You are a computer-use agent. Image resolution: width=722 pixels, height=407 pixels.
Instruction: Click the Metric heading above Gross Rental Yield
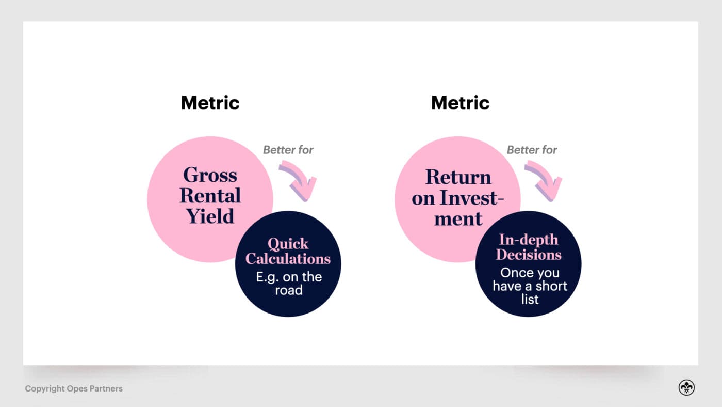pos(210,103)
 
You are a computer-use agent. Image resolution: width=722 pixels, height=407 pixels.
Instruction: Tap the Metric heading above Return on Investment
pos(460,103)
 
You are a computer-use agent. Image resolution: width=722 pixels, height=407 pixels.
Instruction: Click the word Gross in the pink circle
pos(210,175)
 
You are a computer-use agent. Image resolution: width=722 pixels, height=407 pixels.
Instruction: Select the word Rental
pos(210,196)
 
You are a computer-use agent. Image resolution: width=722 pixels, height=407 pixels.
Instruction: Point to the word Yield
pos(210,216)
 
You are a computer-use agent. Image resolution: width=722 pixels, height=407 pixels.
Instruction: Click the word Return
pos(458,177)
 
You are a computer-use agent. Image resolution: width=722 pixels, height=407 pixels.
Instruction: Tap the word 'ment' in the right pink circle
pos(458,218)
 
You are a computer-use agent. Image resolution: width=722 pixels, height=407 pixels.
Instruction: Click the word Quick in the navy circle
pos(288,244)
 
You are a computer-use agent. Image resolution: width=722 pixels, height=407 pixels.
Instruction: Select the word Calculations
pos(288,258)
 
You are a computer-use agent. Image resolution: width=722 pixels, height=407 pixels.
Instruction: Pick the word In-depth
pos(528,240)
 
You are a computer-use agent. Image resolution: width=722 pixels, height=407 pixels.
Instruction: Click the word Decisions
pos(528,255)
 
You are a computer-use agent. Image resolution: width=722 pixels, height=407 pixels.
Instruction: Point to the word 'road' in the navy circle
pos(288,290)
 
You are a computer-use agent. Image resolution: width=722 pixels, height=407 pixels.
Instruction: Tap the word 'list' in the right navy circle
pos(530,300)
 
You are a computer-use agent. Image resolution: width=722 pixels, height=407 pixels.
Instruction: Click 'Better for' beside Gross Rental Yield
pos(288,150)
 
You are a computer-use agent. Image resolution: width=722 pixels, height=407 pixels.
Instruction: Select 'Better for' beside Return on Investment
pos(532,150)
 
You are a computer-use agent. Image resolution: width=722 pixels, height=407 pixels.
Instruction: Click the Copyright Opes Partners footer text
pos(74,388)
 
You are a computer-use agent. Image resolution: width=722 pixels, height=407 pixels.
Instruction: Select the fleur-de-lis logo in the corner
pos(686,388)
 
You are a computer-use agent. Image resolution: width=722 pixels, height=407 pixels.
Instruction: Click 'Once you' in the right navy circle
pos(530,273)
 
